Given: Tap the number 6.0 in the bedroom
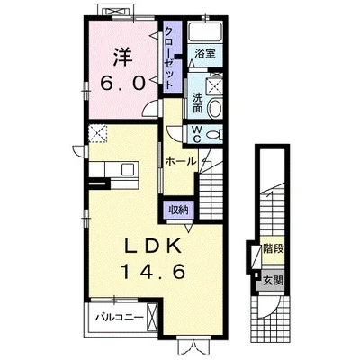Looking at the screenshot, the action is tap(122, 83).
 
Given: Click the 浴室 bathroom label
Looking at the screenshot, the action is tap(205, 54).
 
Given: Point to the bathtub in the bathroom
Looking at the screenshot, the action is tap(205, 31).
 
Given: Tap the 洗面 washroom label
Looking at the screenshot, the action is tap(197, 103).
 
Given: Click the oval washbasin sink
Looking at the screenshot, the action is tap(215, 108).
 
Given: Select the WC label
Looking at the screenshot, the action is tap(196, 134).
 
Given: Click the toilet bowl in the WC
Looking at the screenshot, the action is tap(216, 134).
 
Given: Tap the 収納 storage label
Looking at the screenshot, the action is tap(178, 210).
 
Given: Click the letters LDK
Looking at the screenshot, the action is tap(152, 247).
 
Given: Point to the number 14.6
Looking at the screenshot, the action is tap(152, 272).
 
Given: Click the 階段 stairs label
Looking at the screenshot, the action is tap(274, 248).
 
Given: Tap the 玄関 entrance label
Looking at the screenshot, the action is tap(273, 281).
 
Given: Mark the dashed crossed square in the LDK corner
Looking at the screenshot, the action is tap(98, 133).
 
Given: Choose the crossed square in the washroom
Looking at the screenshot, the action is tap(215, 86).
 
